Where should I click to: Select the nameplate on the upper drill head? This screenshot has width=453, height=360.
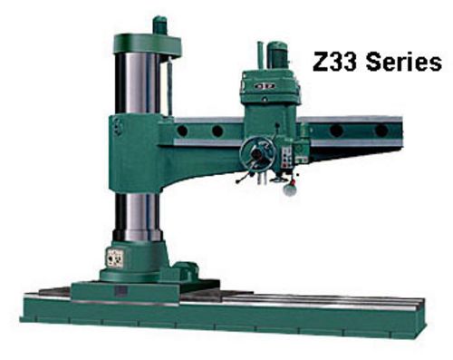tap(265, 87)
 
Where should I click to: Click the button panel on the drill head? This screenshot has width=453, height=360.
tap(288, 158)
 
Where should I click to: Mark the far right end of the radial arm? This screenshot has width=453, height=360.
tap(400, 131)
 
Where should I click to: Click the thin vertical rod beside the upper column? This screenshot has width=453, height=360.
tap(167, 86)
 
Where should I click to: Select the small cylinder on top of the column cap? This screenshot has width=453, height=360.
tap(159, 24)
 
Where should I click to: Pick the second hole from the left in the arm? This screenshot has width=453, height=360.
tap(217, 131)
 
